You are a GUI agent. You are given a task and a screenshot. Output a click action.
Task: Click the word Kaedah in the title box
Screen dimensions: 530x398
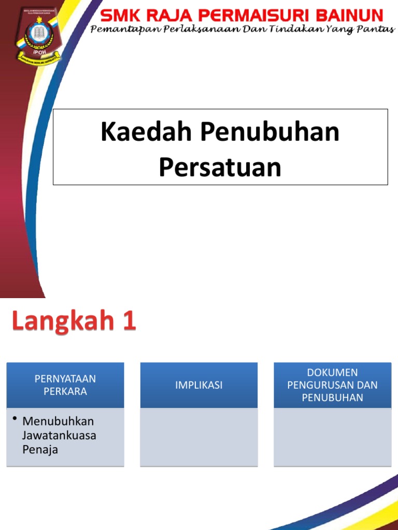tap(147, 132)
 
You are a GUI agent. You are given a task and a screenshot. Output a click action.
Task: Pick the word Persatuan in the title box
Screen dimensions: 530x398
tap(220, 167)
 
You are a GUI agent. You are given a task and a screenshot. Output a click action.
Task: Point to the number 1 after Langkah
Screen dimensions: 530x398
tap(129, 321)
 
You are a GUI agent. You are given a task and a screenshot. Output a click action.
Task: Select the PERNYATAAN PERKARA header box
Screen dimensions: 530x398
tap(65, 385)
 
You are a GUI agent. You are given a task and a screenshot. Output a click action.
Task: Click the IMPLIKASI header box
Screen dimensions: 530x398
tap(199, 385)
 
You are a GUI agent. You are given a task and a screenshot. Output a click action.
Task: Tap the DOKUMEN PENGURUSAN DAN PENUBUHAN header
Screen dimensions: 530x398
tap(333, 385)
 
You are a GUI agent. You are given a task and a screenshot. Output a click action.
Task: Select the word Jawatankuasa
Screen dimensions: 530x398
tap(59, 435)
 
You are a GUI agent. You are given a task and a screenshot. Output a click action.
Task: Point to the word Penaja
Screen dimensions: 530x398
tap(40, 449)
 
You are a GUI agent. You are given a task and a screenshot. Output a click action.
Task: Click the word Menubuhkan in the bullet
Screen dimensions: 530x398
tap(58, 421)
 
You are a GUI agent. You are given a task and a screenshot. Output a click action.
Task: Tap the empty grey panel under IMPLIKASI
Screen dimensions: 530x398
tap(199, 437)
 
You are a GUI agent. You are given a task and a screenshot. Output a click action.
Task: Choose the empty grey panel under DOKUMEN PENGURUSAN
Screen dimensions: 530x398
tap(333, 437)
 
